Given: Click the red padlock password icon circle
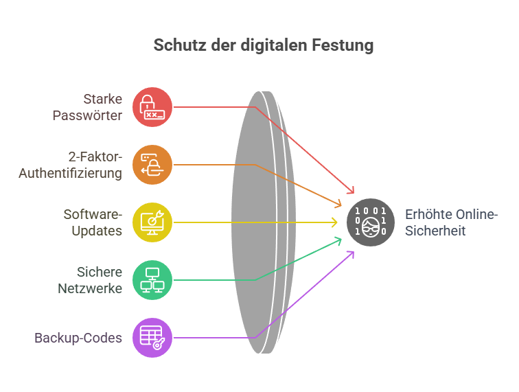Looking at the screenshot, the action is click(x=152, y=107).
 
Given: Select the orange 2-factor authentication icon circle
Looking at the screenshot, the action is click(x=152, y=165).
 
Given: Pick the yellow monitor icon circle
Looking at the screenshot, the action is click(x=152, y=222).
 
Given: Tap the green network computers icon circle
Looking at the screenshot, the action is click(x=152, y=280).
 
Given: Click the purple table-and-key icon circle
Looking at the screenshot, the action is click(x=152, y=337).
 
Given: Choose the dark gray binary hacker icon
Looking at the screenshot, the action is click(x=371, y=222).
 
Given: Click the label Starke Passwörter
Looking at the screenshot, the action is click(x=87, y=107).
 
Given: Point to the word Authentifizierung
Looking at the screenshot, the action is click(x=70, y=173).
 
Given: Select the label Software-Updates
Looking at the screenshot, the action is click(x=93, y=222).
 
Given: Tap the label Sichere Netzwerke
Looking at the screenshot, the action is click(x=90, y=280).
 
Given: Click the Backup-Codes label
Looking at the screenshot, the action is click(x=78, y=338).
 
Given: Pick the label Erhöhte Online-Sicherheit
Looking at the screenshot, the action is click(x=452, y=222).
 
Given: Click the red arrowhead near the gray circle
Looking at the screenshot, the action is click(x=351, y=190).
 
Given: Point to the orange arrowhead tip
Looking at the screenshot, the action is click(x=341, y=205).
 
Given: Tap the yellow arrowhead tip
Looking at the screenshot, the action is click(x=337, y=222).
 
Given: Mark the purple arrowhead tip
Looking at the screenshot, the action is click(x=354, y=252).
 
